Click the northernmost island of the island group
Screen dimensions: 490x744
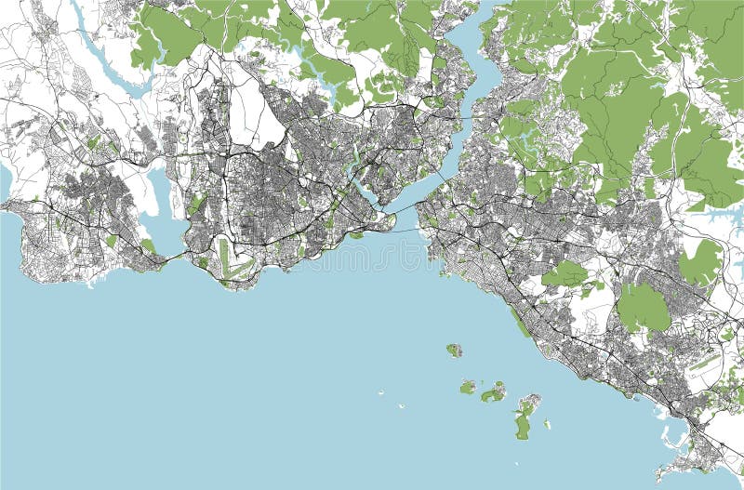click(454, 351)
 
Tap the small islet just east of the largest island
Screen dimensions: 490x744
click(547, 425)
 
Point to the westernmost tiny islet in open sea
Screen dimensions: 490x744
click(381, 393)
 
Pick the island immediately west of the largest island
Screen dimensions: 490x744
click(494, 392)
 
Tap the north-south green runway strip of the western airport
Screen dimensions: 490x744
click(222, 258)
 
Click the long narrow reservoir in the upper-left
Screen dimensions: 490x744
click(102, 56)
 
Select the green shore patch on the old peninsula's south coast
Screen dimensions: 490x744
click(355, 235)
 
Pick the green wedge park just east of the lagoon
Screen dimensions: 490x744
click(197, 203)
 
